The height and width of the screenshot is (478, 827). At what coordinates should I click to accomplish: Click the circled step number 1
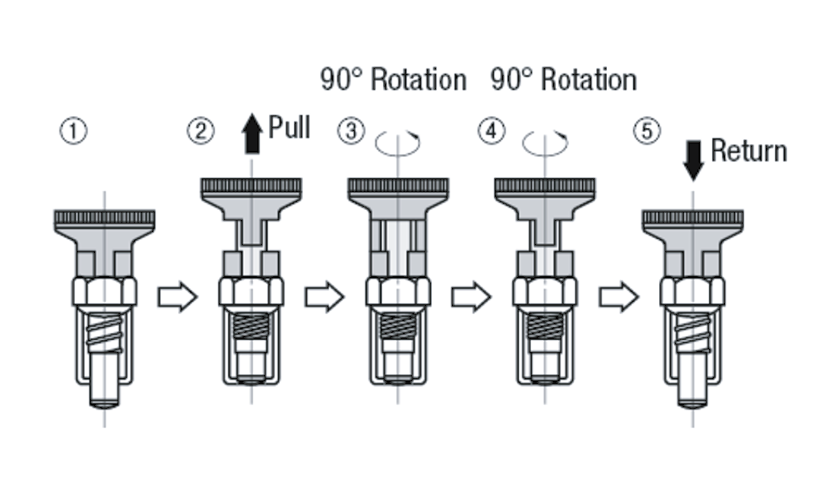click(x=74, y=132)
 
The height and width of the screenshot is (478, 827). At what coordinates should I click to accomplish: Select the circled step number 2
click(x=201, y=132)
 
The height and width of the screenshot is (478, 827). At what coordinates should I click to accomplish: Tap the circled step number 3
click(x=351, y=132)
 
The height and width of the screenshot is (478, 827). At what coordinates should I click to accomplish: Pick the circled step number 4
click(x=491, y=132)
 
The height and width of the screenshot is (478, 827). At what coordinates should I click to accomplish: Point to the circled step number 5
click(x=646, y=132)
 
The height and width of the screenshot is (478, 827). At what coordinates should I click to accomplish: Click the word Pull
click(x=289, y=127)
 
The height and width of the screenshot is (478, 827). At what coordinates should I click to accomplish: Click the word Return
click(x=748, y=151)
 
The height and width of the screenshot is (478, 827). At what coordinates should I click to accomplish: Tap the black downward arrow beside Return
click(x=693, y=160)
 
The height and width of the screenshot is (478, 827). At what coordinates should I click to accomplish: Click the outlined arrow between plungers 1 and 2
click(x=177, y=297)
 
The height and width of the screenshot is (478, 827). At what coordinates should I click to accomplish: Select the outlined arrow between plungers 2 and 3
click(x=324, y=297)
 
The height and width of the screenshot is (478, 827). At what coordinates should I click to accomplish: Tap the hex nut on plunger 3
click(x=398, y=291)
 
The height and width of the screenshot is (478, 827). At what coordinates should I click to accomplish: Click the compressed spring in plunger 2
click(x=251, y=325)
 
